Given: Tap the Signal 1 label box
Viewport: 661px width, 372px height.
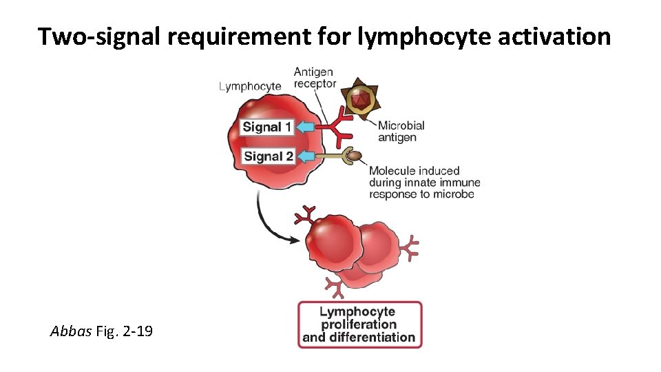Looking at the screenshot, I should pos(267,127).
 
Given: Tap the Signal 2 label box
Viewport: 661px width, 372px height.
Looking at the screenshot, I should pos(268,156).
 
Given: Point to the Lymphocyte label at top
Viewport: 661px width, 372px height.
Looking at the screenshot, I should pos(250,86).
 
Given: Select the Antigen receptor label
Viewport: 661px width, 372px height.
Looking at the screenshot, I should pos(315,77).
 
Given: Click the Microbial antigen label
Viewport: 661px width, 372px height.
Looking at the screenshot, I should pos(401,131).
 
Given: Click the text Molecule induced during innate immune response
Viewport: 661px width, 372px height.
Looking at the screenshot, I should pos(424,183).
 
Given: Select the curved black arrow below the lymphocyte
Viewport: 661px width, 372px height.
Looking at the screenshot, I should pos(270,222).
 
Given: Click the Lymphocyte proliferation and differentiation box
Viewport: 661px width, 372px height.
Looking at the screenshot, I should pos(359,324).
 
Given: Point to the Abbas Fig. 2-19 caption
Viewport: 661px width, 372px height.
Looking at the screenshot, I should pos(102,331).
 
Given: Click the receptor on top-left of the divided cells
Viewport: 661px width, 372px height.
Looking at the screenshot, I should pos(305,215).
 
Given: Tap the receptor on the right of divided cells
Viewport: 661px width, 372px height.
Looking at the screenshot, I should pos(410,247).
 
